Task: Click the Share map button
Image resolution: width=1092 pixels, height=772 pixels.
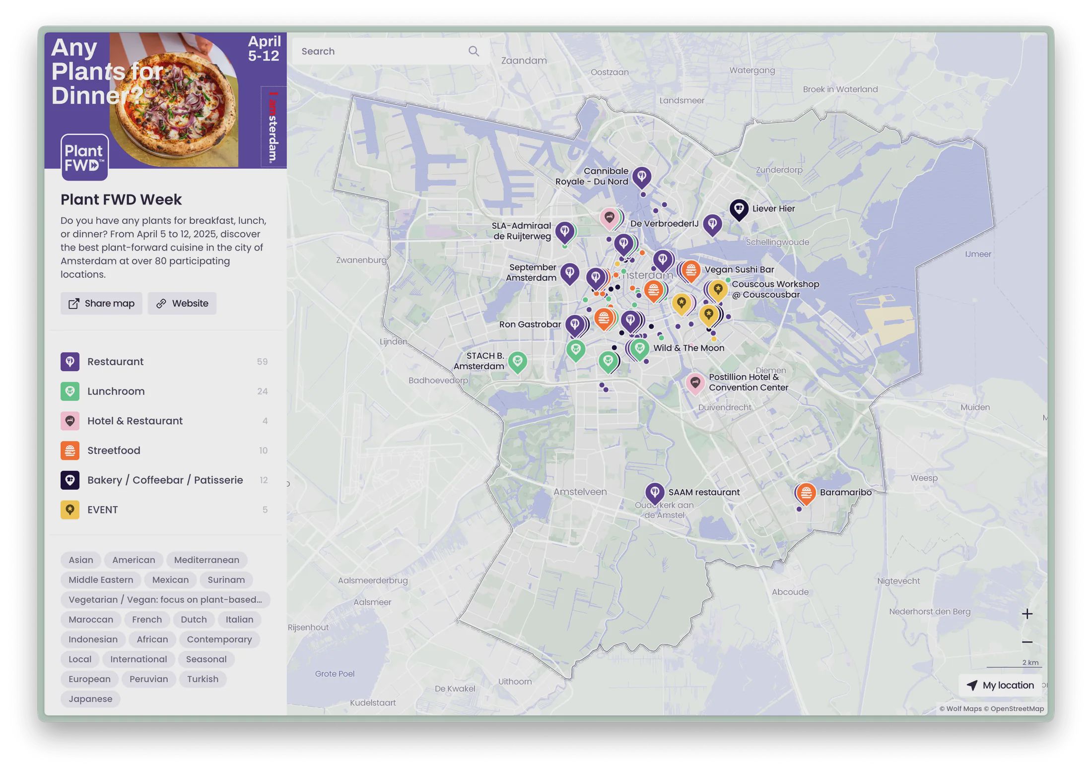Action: [101, 303]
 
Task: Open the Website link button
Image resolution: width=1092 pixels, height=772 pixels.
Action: [182, 303]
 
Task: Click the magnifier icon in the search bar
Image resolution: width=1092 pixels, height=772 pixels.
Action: [474, 51]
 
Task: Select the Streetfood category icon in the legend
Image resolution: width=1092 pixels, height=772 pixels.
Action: [70, 450]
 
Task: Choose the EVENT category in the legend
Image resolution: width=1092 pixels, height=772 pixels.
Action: [102, 510]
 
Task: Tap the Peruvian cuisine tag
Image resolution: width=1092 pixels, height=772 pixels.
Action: [148, 679]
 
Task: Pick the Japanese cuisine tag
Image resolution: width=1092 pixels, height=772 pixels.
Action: [90, 699]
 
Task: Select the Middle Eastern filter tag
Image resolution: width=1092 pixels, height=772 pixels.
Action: [101, 579]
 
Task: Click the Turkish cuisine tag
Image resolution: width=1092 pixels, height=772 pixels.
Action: [203, 679]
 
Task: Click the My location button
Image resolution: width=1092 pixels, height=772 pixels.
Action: [1000, 685]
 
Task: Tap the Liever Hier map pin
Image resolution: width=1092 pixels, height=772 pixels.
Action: [739, 209]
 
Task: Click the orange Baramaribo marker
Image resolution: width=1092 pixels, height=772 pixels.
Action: [806, 493]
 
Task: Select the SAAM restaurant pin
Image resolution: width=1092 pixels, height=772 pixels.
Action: [655, 492]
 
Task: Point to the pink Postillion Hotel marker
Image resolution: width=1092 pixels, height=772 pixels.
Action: [695, 383]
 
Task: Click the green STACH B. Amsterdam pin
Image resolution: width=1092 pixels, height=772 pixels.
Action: [517, 361]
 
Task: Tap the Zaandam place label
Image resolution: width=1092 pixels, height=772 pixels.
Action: [524, 61]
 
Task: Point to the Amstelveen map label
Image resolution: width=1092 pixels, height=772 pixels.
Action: [580, 492]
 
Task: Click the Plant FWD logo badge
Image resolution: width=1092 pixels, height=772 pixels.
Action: [84, 157]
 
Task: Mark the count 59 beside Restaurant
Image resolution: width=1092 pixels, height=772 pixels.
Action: [262, 362]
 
